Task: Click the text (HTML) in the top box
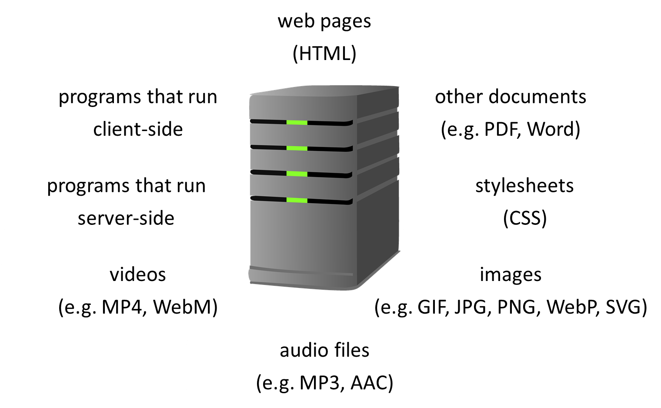pyautogui.click(x=324, y=54)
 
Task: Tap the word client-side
pyautogui.click(x=138, y=129)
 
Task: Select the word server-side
pyautogui.click(x=126, y=218)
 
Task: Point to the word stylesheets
pyautogui.click(x=524, y=186)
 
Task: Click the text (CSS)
pyautogui.click(x=524, y=218)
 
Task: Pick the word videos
pyautogui.click(x=138, y=274)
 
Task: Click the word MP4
pyautogui.click(x=122, y=307)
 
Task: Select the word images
pyautogui.click(x=511, y=274)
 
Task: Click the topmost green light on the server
pyautogui.click(x=297, y=123)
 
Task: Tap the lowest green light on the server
pyautogui.click(x=297, y=201)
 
